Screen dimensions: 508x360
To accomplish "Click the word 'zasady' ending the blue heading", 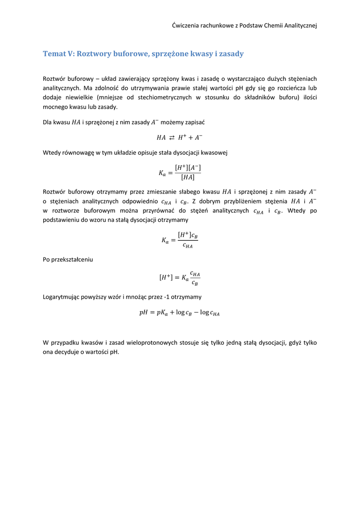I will point(231,54).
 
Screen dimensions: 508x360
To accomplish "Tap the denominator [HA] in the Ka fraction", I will point(187,177).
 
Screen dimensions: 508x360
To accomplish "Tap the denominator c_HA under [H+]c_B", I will point(187,245).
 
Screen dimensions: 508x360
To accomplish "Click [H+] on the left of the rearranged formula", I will point(166,278).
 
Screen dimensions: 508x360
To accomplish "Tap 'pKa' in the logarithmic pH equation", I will point(164,313).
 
